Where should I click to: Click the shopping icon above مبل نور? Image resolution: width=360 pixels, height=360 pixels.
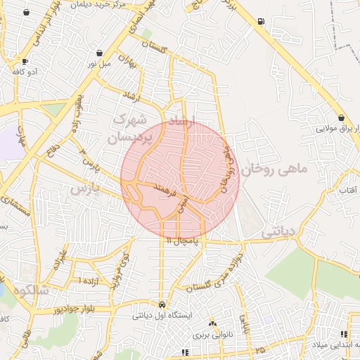point(100,53)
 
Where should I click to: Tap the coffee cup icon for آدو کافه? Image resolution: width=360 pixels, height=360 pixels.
point(25,61)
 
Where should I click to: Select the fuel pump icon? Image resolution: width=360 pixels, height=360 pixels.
point(262,20)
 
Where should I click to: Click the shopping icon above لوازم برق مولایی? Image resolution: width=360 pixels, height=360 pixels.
point(341,117)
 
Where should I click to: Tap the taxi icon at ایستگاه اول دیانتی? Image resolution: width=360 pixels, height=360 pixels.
point(163,305)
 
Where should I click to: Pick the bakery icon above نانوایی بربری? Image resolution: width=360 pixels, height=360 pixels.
point(213,324)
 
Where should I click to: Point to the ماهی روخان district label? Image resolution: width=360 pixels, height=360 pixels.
point(275,169)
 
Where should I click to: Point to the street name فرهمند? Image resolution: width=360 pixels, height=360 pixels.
point(163,189)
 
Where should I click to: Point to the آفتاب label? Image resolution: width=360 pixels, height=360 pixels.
point(348,191)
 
